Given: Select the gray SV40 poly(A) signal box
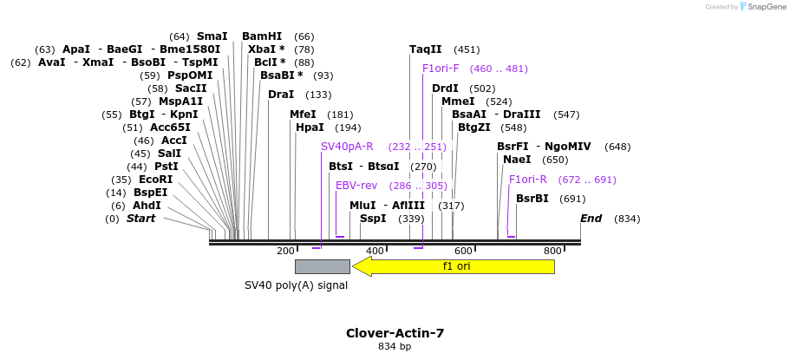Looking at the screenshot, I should coord(322,266).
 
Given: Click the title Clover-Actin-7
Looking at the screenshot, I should coord(395,333).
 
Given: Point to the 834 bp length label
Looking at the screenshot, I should coord(395,347).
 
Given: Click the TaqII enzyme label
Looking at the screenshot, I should coord(426,49).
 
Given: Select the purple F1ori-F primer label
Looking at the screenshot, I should coord(441,69).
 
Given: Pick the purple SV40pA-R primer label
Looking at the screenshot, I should coord(347,147).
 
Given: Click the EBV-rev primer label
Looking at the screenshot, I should coord(356,186).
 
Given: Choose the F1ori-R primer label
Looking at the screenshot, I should coord(528,180).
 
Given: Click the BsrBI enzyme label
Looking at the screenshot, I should coord(532,199).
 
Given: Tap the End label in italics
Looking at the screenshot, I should coord(591,219).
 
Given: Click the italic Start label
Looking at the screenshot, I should coord(140,219).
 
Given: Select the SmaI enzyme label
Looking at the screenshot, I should coord(212,36).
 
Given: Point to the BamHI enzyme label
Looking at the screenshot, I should coord(262,36).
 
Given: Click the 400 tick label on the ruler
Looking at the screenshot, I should coord(375,252).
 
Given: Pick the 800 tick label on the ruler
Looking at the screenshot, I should coord(552,252).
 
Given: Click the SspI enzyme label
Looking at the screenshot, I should coord(373,219).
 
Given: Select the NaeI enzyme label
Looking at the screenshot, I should coord(517,160).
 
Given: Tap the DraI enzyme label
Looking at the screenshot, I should coord(281,95).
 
